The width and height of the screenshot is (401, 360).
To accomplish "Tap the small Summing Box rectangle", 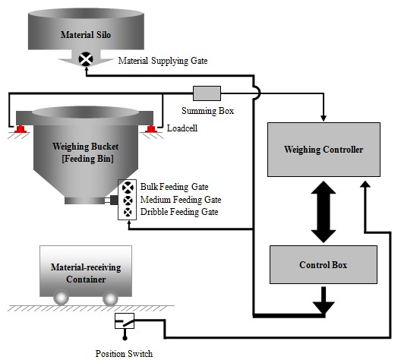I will click(x=206, y=93).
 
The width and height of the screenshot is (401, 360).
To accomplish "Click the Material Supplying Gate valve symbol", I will click(x=87, y=58).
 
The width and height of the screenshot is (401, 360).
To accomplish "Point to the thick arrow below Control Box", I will click(x=324, y=301).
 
